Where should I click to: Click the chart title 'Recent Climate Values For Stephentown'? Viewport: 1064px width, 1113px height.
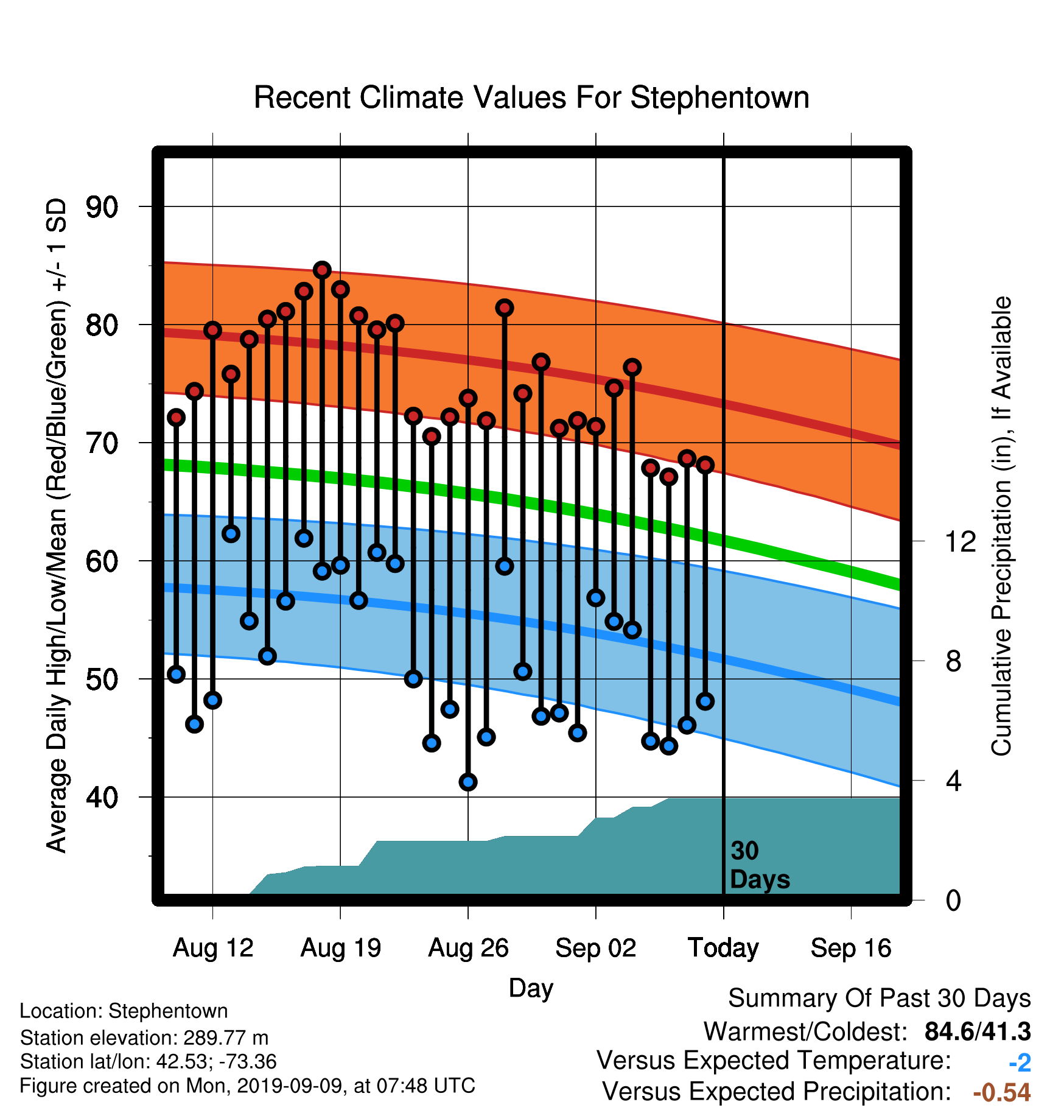pos(531,97)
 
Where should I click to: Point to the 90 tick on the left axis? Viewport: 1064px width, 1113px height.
pos(102,207)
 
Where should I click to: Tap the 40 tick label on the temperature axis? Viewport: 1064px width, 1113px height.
pos(102,797)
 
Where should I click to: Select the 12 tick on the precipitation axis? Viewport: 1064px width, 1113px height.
pos(960,541)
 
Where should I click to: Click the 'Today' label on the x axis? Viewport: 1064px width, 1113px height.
pos(723,948)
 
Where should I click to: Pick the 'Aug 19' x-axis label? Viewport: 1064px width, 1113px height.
pos(340,948)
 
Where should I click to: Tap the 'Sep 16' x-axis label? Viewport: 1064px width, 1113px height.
pos(851,948)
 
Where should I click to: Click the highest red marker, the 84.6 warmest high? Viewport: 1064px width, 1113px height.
pos(322,270)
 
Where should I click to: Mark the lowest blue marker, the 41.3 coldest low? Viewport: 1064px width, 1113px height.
pos(468,782)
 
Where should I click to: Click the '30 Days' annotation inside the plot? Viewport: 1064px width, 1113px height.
pos(760,865)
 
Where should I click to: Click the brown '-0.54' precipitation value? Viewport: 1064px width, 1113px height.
pos(1002,1092)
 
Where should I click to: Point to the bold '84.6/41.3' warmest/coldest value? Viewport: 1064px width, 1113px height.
pos(978,1031)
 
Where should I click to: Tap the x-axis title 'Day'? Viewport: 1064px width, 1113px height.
pos(531,989)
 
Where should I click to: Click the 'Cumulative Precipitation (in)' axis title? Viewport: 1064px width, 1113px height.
pos(1001,527)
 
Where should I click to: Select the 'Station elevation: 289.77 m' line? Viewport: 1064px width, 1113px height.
pos(144,1038)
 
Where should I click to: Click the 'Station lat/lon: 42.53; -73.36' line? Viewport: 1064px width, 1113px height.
pos(149,1062)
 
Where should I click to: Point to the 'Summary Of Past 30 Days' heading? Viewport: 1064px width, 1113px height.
pos(880,999)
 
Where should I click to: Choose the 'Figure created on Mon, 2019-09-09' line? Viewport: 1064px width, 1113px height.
pos(248,1086)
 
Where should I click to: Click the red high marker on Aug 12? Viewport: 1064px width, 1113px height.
pos(212,330)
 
